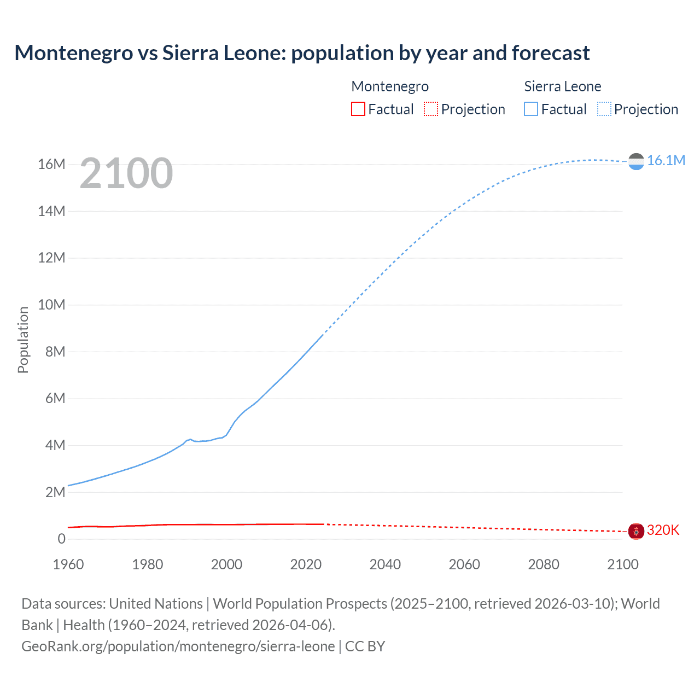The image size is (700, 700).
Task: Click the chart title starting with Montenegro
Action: point(302,53)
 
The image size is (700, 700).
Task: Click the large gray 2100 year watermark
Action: point(126,173)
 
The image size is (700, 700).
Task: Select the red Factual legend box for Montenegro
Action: point(358,109)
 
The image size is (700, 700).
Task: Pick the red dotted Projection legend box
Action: point(431,109)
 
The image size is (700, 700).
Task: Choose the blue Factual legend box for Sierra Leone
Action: point(530,109)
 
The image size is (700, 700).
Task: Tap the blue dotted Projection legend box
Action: point(604,109)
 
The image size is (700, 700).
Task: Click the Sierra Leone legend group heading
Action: point(562,86)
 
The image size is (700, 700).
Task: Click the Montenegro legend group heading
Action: point(389,86)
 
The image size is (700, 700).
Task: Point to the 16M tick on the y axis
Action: point(51,164)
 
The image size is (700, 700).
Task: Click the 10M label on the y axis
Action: point(51,305)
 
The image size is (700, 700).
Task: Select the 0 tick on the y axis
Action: point(61,539)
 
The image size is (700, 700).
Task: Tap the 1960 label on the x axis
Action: point(68,564)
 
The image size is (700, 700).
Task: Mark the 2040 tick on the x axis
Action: point(385,564)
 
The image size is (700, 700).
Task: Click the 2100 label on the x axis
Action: point(622,564)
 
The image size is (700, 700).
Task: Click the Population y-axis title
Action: point(23,340)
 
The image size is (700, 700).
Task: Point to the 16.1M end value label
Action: point(666,160)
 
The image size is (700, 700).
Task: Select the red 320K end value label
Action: point(663,530)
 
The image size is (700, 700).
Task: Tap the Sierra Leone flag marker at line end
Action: point(636,161)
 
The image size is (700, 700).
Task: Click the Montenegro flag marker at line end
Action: point(636,530)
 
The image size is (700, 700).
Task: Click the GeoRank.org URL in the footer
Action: point(178,646)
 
